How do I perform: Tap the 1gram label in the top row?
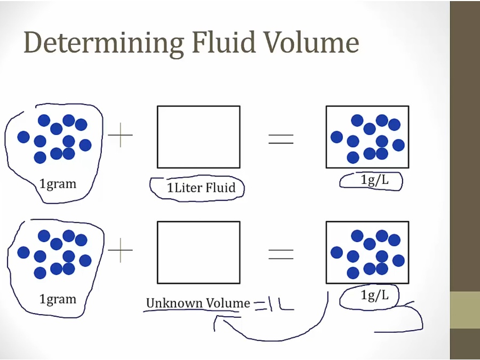[x=58, y=184]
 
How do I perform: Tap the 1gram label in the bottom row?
[x=58, y=299]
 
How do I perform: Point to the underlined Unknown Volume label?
[x=198, y=303]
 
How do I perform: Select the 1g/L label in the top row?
[x=374, y=180]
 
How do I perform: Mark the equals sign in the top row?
[x=281, y=139]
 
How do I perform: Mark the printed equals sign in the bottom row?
[x=281, y=254]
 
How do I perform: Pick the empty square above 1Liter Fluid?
[x=198, y=137]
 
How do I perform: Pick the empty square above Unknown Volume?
[x=198, y=252]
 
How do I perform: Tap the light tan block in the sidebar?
[x=465, y=310]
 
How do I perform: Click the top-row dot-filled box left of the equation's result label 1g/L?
[x=367, y=137]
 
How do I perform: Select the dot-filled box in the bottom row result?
[x=367, y=252]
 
